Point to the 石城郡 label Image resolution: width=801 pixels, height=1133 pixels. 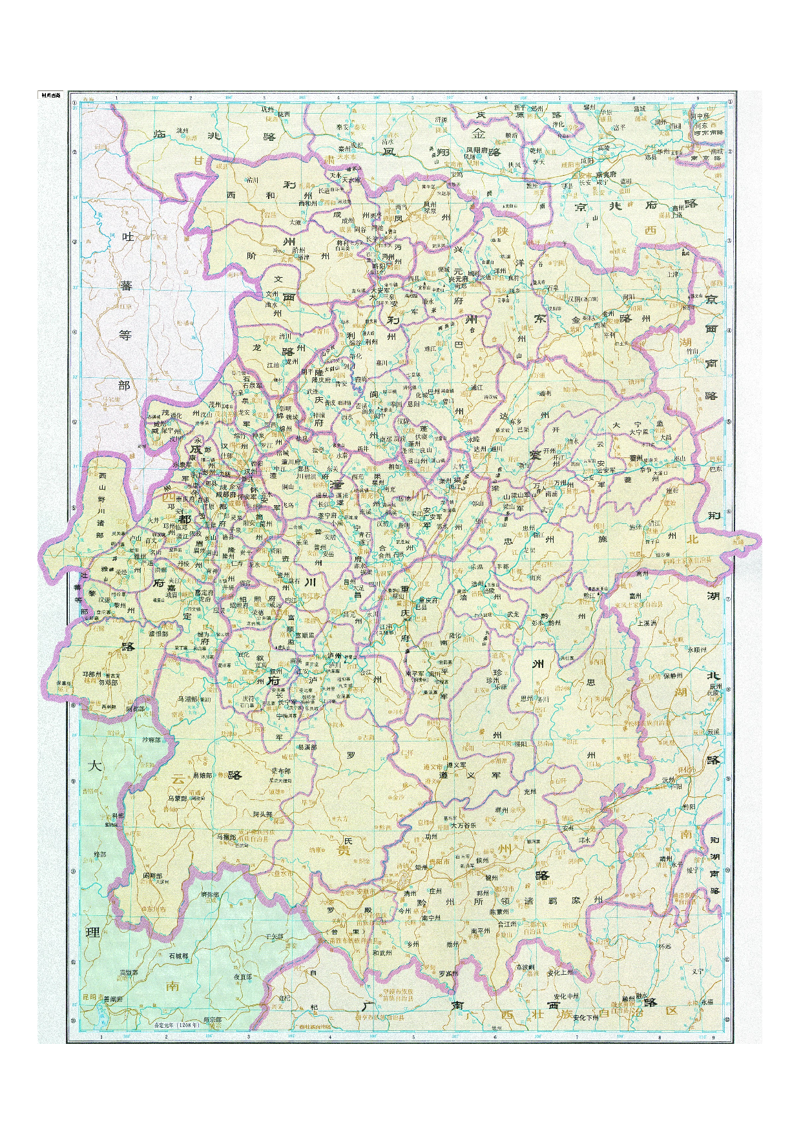[178, 956]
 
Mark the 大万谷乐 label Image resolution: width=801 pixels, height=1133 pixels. [463, 825]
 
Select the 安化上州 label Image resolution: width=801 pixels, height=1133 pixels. [559, 972]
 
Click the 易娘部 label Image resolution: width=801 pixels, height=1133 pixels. [202, 775]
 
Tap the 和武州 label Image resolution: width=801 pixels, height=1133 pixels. [382, 952]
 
